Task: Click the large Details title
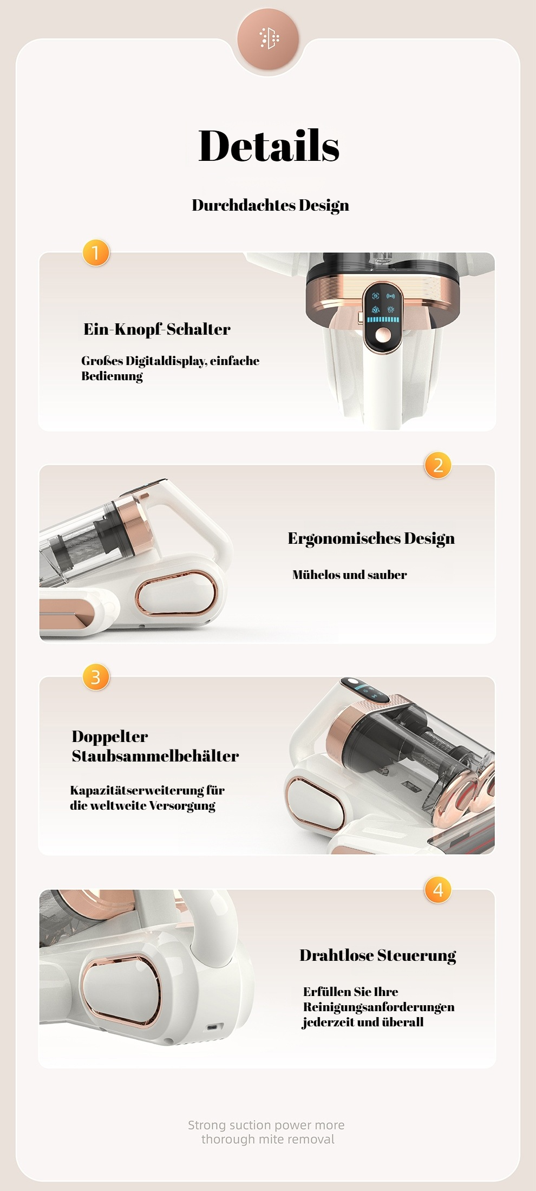point(269,146)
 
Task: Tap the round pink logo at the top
point(268,38)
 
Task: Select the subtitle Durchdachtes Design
point(270,205)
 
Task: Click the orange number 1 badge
point(96,253)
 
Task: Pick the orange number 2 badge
point(438,465)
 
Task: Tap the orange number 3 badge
point(96,677)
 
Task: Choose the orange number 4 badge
point(438,889)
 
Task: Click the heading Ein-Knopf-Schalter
point(157,329)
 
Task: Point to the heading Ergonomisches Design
point(371,538)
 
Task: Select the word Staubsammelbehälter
point(155,756)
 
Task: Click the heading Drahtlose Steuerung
point(378,955)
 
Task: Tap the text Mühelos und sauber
point(350,575)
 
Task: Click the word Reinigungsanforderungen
point(378,1007)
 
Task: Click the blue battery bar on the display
point(383,320)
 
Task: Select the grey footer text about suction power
point(267,1132)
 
